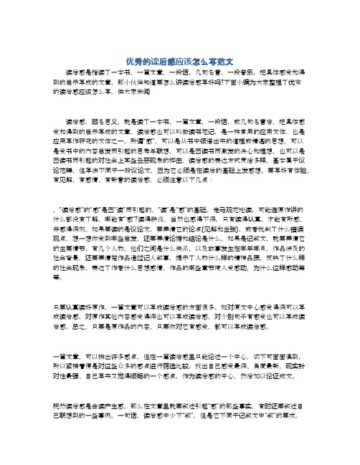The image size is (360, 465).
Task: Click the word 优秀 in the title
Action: pos(132,62)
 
